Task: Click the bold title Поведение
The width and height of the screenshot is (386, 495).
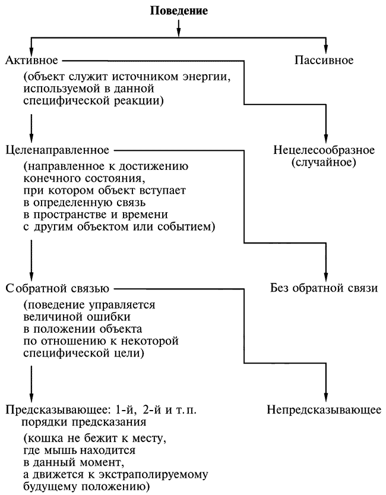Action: [x=179, y=11]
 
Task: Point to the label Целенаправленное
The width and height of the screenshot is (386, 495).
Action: [x=56, y=149]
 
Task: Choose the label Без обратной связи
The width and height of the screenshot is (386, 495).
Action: [x=324, y=289]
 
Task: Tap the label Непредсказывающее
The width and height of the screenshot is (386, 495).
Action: [x=324, y=410]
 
